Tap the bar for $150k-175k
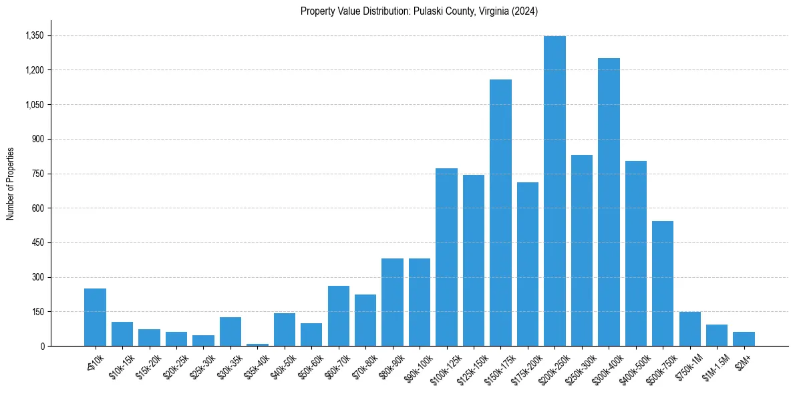tap(500, 213)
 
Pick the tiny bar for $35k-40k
tap(257, 345)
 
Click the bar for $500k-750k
tap(663, 284)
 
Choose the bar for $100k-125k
tap(446, 257)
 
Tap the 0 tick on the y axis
tap(43, 346)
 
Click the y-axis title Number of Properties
tap(10, 184)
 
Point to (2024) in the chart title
tap(526, 11)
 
